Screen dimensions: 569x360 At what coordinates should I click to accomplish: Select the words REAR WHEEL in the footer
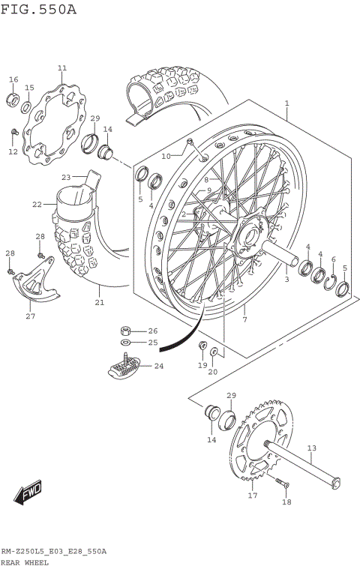coord(25,562)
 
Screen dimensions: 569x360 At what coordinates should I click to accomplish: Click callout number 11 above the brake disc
coord(61,68)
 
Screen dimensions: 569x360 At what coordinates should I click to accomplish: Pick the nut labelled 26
coord(127,331)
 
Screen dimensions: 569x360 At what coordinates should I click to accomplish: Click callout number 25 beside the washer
coord(152,343)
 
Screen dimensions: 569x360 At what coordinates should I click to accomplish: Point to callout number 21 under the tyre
coord(99,303)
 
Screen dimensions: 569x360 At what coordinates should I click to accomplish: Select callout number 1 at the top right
coord(286,103)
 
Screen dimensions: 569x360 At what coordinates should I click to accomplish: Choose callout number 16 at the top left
coord(13,79)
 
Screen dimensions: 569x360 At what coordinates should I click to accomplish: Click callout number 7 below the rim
coord(244,320)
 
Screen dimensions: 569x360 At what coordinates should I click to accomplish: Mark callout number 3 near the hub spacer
coord(286,280)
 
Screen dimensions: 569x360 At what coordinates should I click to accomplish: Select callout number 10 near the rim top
coord(166,156)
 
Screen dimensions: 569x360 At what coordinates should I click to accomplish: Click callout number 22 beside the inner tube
coord(37,203)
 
